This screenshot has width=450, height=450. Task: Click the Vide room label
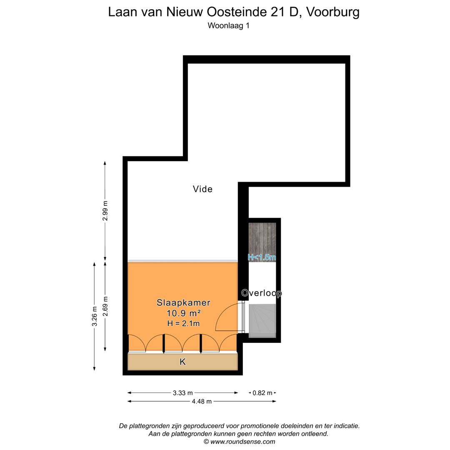202,189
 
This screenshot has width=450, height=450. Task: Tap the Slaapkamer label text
183,303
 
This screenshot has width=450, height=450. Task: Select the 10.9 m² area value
183,313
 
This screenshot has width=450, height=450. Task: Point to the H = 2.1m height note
183,323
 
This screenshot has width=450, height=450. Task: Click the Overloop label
262,293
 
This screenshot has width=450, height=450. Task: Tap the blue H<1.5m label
262,257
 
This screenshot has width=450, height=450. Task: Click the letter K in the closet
182,362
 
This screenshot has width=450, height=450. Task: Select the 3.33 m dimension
183,392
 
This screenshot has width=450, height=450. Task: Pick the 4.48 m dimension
202,401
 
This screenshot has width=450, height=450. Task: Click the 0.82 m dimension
262,392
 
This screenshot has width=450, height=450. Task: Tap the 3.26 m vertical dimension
95,316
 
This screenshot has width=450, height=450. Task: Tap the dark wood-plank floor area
262,237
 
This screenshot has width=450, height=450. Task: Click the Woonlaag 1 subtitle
228,25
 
